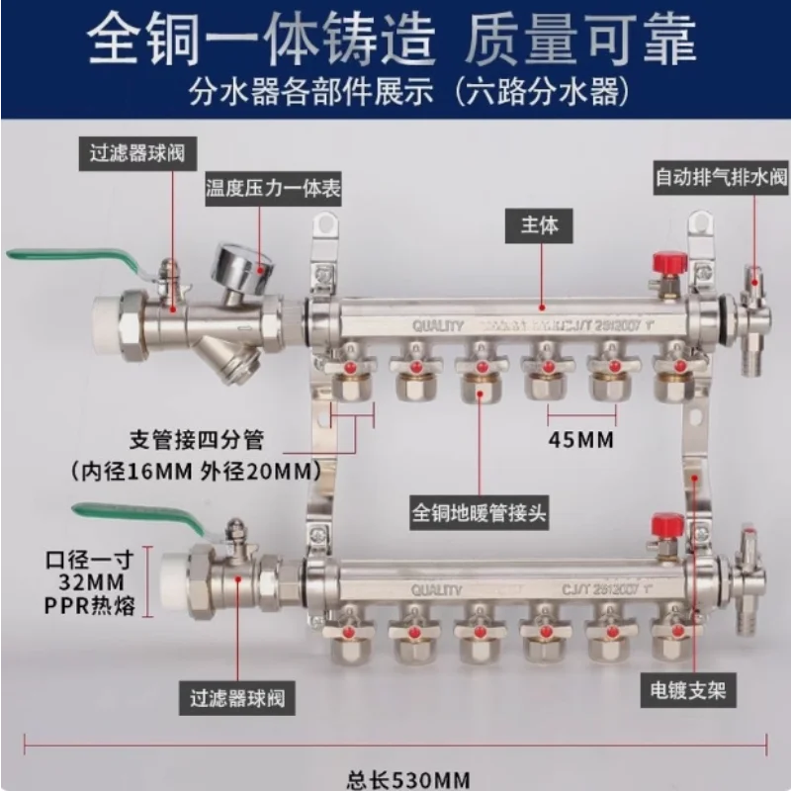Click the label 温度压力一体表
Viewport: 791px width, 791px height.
click(x=273, y=190)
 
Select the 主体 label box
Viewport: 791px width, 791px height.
click(x=542, y=225)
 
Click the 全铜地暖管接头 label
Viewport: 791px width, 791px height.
click(x=480, y=513)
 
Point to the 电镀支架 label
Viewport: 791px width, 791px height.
click(x=689, y=689)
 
